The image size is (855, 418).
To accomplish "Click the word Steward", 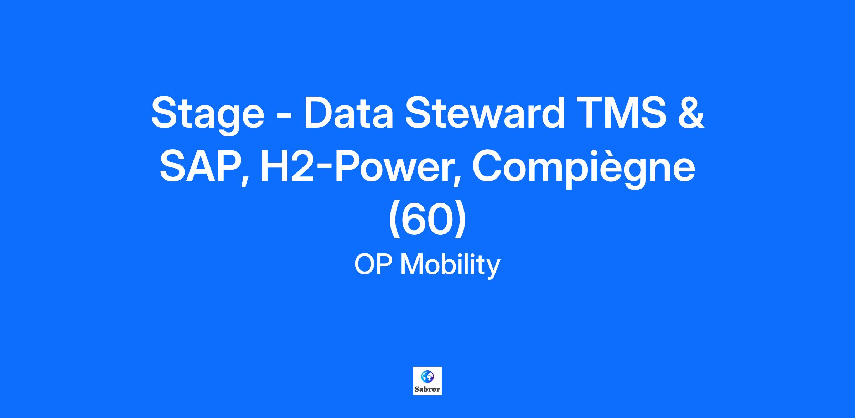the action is pyautogui.click(x=484, y=112).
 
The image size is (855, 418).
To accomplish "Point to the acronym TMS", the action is pyautogui.click(x=621, y=112).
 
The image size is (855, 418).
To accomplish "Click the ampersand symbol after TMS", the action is pyautogui.click(x=691, y=112).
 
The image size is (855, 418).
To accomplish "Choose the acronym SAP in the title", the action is pyautogui.click(x=200, y=166).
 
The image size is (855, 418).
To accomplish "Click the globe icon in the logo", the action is pyautogui.click(x=427, y=376).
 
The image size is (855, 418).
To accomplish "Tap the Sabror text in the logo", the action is pyautogui.click(x=427, y=389).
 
